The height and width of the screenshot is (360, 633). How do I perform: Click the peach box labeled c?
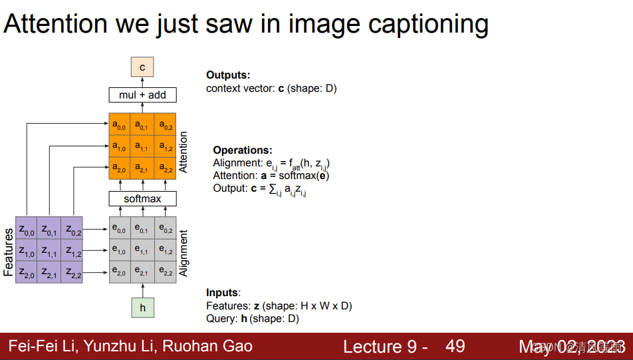pos(142,67)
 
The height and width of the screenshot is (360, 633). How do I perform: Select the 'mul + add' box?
pos(142,95)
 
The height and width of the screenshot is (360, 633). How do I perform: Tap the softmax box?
pos(142,199)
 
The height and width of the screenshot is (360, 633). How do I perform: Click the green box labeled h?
pos(142,307)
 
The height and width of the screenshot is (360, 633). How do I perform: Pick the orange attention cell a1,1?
pos(142,146)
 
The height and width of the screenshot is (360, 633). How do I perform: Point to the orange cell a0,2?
pos(165,124)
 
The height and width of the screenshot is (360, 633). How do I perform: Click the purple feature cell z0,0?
pos(27,230)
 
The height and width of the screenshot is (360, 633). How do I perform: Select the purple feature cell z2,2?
pos(72,271)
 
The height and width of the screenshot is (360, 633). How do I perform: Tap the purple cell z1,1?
pos(49,251)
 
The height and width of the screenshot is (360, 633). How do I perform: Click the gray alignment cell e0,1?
pos(142,229)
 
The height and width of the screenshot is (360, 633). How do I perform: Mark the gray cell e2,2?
pos(165,271)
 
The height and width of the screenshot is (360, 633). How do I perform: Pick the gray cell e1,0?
pos(120,250)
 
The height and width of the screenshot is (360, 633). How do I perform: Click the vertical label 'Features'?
pos(9,252)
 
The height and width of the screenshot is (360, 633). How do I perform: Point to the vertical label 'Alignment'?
pos(184,253)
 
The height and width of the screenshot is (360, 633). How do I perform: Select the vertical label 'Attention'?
pos(184,152)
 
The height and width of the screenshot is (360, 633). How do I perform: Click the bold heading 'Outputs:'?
pos(228,75)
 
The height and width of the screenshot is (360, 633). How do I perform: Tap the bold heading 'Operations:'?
pos(243,150)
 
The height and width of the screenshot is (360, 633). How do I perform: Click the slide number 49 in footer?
pos(455,346)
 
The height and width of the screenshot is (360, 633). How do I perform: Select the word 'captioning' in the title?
pos(419,25)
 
